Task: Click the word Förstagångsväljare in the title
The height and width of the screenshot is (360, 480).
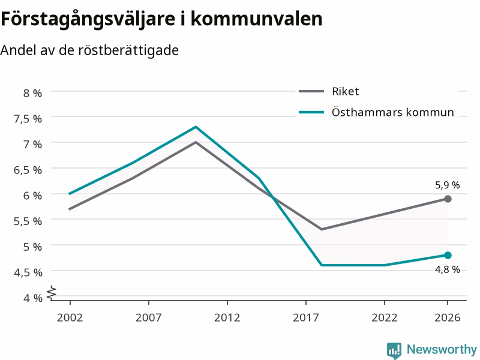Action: click(88, 19)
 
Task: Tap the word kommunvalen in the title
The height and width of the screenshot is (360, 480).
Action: click(257, 19)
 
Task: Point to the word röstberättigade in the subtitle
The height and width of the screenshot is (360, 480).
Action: click(128, 50)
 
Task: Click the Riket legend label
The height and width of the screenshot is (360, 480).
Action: click(346, 91)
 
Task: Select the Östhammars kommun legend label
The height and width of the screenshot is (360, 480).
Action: click(393, 112)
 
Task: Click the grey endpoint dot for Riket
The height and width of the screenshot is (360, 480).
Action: click(448, 199)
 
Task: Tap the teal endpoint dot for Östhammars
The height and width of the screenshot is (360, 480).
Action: click(448, 255)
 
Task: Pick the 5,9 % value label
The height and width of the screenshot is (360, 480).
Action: click(447, 185)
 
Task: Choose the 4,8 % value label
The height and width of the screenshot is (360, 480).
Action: click(447, 269)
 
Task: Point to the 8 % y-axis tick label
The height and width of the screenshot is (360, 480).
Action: click(32, 93)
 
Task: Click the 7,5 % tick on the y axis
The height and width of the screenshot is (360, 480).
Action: click(28, 119)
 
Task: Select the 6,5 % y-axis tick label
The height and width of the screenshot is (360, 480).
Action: click(28, 170)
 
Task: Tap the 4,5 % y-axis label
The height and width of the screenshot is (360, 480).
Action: click(28, 272)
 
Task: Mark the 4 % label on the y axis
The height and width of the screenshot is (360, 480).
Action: click(33, 298)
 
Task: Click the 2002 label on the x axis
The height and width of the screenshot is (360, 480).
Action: click(70, 317)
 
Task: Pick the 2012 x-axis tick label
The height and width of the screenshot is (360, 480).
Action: click(227, 317)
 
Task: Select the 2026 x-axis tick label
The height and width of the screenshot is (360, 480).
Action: click(447, 317)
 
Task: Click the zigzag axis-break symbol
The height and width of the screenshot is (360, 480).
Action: click(52, 292)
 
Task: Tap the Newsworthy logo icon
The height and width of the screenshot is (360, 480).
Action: click(394, 350)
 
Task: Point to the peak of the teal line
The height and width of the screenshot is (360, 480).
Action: click(196, 127)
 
